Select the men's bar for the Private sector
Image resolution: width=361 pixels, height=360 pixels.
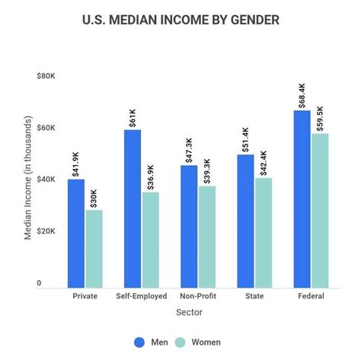tap(76, 233)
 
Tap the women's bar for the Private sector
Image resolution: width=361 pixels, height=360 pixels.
tap(94, 248)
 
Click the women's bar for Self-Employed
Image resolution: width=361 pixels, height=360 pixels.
tap(151, 240)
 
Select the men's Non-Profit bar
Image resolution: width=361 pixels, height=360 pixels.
tap(190, 226)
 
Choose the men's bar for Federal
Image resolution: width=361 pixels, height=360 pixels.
tap(302, 199)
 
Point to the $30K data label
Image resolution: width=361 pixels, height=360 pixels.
tap(94, 196)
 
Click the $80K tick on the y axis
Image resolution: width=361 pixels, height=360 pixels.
tap(46, 76)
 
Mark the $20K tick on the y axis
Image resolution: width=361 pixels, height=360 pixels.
tap(46, 231)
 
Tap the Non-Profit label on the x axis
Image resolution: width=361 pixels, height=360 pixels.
tap(198, 297)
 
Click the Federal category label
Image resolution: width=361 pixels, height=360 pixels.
tap(310, 297)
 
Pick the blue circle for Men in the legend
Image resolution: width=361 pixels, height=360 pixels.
tap(139, 342)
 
